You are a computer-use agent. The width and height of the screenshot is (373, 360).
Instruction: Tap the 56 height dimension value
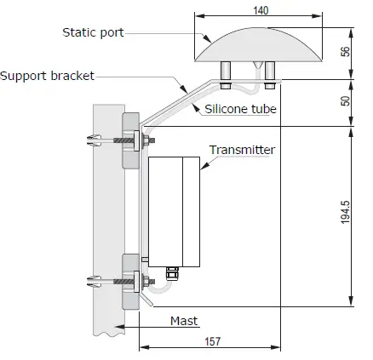[346, 51]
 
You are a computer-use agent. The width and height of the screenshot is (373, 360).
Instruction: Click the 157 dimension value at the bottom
[213, 340]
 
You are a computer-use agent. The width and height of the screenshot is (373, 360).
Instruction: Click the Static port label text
[93, 32]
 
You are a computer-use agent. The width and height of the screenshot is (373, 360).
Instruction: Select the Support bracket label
[48, 76]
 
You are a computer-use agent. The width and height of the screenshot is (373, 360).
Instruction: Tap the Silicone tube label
[241, 108]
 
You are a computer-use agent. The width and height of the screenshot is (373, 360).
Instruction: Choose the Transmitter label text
[243, 150]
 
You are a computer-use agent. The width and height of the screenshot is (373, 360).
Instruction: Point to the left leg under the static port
[226, 74]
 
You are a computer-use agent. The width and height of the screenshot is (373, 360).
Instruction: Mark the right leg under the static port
[269, 74]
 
